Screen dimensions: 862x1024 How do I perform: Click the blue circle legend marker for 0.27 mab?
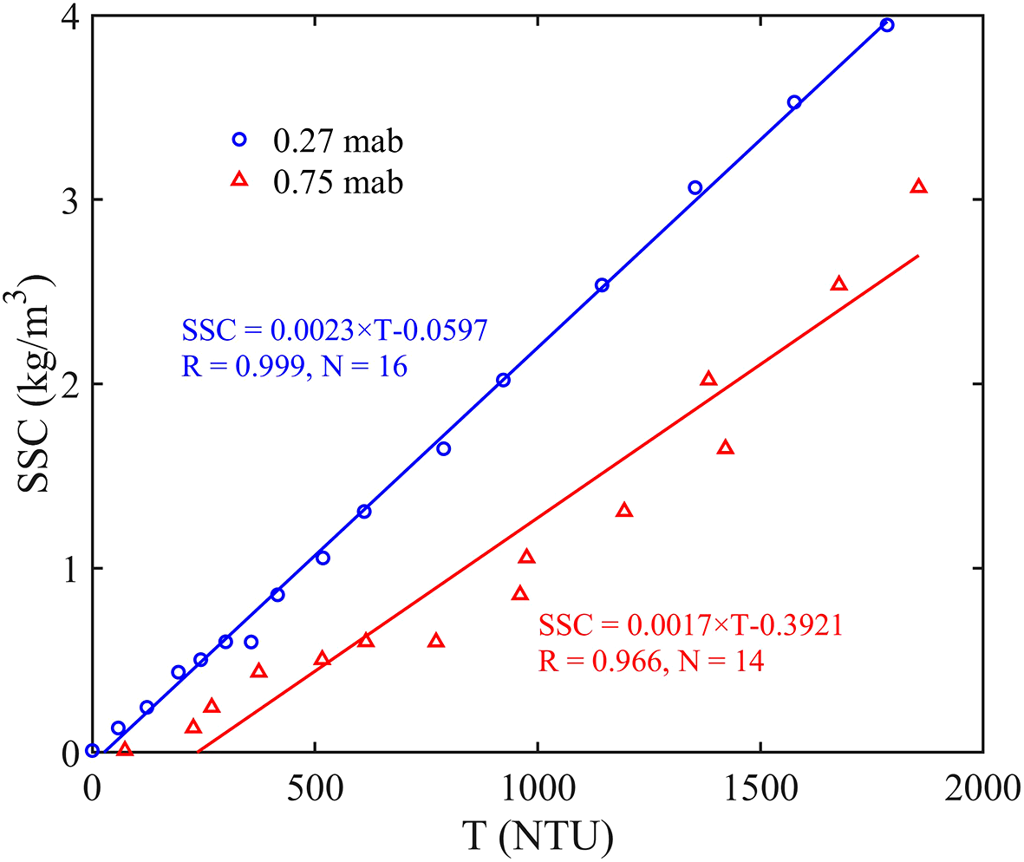click(240, 139)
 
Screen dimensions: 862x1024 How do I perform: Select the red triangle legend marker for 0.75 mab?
click(240, 180)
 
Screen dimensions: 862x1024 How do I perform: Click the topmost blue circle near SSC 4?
click(887, 25)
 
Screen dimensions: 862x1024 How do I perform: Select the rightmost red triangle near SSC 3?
click(919, 186)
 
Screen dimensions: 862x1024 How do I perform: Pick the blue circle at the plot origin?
click(92, 751)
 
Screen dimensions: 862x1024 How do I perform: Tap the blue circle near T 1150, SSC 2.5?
click(602, 285)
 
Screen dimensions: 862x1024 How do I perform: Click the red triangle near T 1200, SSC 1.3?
click(624, 510)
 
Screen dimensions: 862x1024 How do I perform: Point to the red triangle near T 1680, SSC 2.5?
click(838, 284)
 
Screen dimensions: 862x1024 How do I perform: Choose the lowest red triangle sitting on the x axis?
click(125, 748)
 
